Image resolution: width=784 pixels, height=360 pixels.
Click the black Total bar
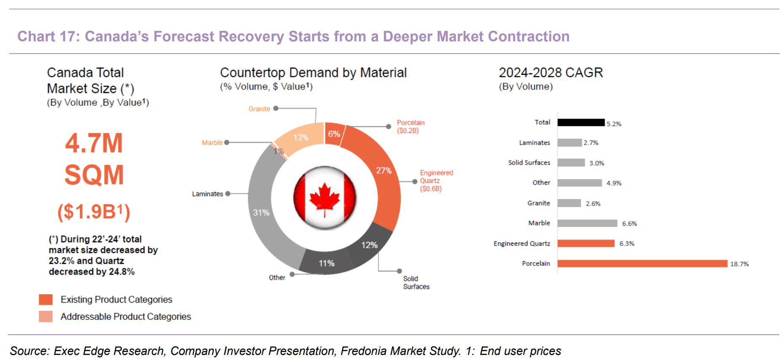pos(581,122)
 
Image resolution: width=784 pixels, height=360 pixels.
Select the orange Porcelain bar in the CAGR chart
pos(643,263)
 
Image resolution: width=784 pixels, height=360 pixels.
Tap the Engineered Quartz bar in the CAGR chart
pos(586,244)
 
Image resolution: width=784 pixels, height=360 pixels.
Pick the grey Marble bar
pos(587,223)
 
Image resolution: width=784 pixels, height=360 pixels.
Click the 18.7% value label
pos(739,264)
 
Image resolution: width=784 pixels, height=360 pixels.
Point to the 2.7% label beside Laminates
pos(591,143)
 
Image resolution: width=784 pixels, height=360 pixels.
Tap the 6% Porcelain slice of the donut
pos(334,134)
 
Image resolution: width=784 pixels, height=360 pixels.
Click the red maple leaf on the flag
pos(324,198)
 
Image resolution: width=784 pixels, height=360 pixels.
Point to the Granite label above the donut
pos(259,109)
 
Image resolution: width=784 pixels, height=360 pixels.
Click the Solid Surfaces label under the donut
pos(416,283)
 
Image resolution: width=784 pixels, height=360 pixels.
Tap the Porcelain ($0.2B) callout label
pos(411,127)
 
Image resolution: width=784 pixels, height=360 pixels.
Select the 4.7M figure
pos(94,143)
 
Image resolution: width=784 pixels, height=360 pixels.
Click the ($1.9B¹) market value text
pos(94,211)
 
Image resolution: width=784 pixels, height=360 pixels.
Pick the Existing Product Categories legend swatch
pos(46,300)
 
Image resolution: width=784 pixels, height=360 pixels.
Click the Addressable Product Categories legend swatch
pos(46,317)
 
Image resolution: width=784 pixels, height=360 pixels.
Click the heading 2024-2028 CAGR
pos(551,73)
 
